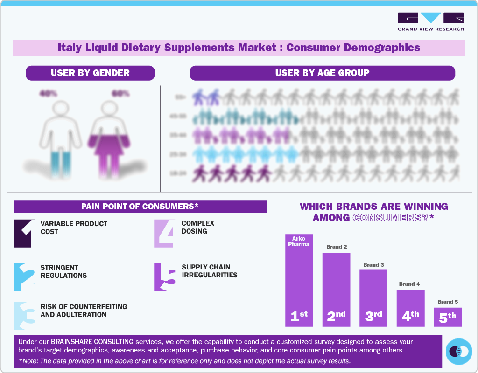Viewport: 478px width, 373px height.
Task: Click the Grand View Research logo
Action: (430, 21)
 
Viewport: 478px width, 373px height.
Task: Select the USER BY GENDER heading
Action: (90, 73)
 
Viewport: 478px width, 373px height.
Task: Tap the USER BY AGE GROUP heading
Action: (322, 73)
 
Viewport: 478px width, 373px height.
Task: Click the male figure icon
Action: (59, 133)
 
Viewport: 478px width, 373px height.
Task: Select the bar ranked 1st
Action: (299, 280)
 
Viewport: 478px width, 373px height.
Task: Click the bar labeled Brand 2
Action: (336, 289)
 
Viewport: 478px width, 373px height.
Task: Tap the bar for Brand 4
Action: (410, 308)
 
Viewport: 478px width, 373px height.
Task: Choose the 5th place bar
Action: (447, 317)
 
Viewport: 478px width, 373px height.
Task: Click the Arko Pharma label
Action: (299, 242)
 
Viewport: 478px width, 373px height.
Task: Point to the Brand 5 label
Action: (447, 302)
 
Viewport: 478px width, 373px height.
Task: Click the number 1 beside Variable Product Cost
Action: (22, 233)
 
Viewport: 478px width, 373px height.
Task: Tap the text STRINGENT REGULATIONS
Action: (63, 271)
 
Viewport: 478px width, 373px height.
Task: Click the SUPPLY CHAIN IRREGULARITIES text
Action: (209, 271)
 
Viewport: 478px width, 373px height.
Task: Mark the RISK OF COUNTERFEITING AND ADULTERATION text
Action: (84, 311)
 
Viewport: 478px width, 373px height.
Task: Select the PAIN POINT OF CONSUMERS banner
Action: (140, 207)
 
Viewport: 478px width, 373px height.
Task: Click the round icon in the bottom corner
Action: (459, 351)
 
